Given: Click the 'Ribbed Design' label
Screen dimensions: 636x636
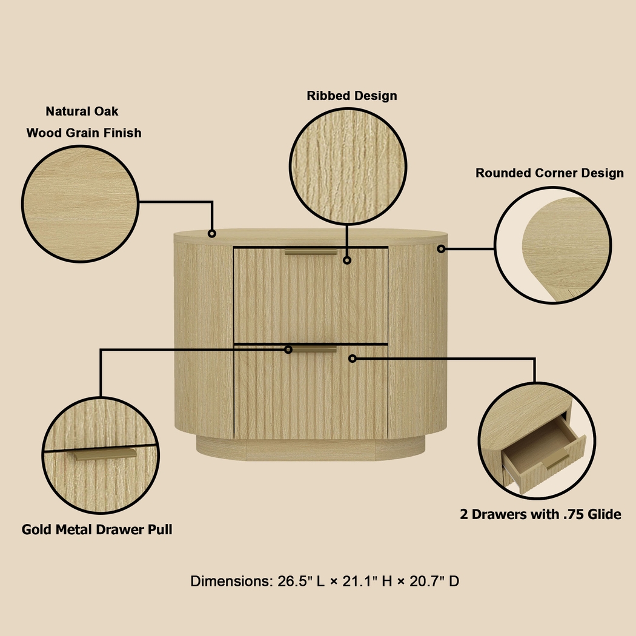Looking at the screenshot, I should point(351,96).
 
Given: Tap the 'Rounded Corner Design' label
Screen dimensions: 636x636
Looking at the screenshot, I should point(549,173).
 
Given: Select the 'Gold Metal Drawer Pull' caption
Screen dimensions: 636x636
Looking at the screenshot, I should point(97,529).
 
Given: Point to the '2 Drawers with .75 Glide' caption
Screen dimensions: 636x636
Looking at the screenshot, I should point(540,514).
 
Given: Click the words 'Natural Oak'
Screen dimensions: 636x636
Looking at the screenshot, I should point(82,111).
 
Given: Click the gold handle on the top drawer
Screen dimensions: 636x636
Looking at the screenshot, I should point(311,252).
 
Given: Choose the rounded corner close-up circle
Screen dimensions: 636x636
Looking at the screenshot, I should point(553,245).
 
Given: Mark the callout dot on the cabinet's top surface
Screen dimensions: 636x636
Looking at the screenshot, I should point(212,233).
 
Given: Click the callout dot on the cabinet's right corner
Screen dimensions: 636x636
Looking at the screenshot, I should point(441,248).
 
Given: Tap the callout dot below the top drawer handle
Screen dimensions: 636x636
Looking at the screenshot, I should point(347,260).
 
